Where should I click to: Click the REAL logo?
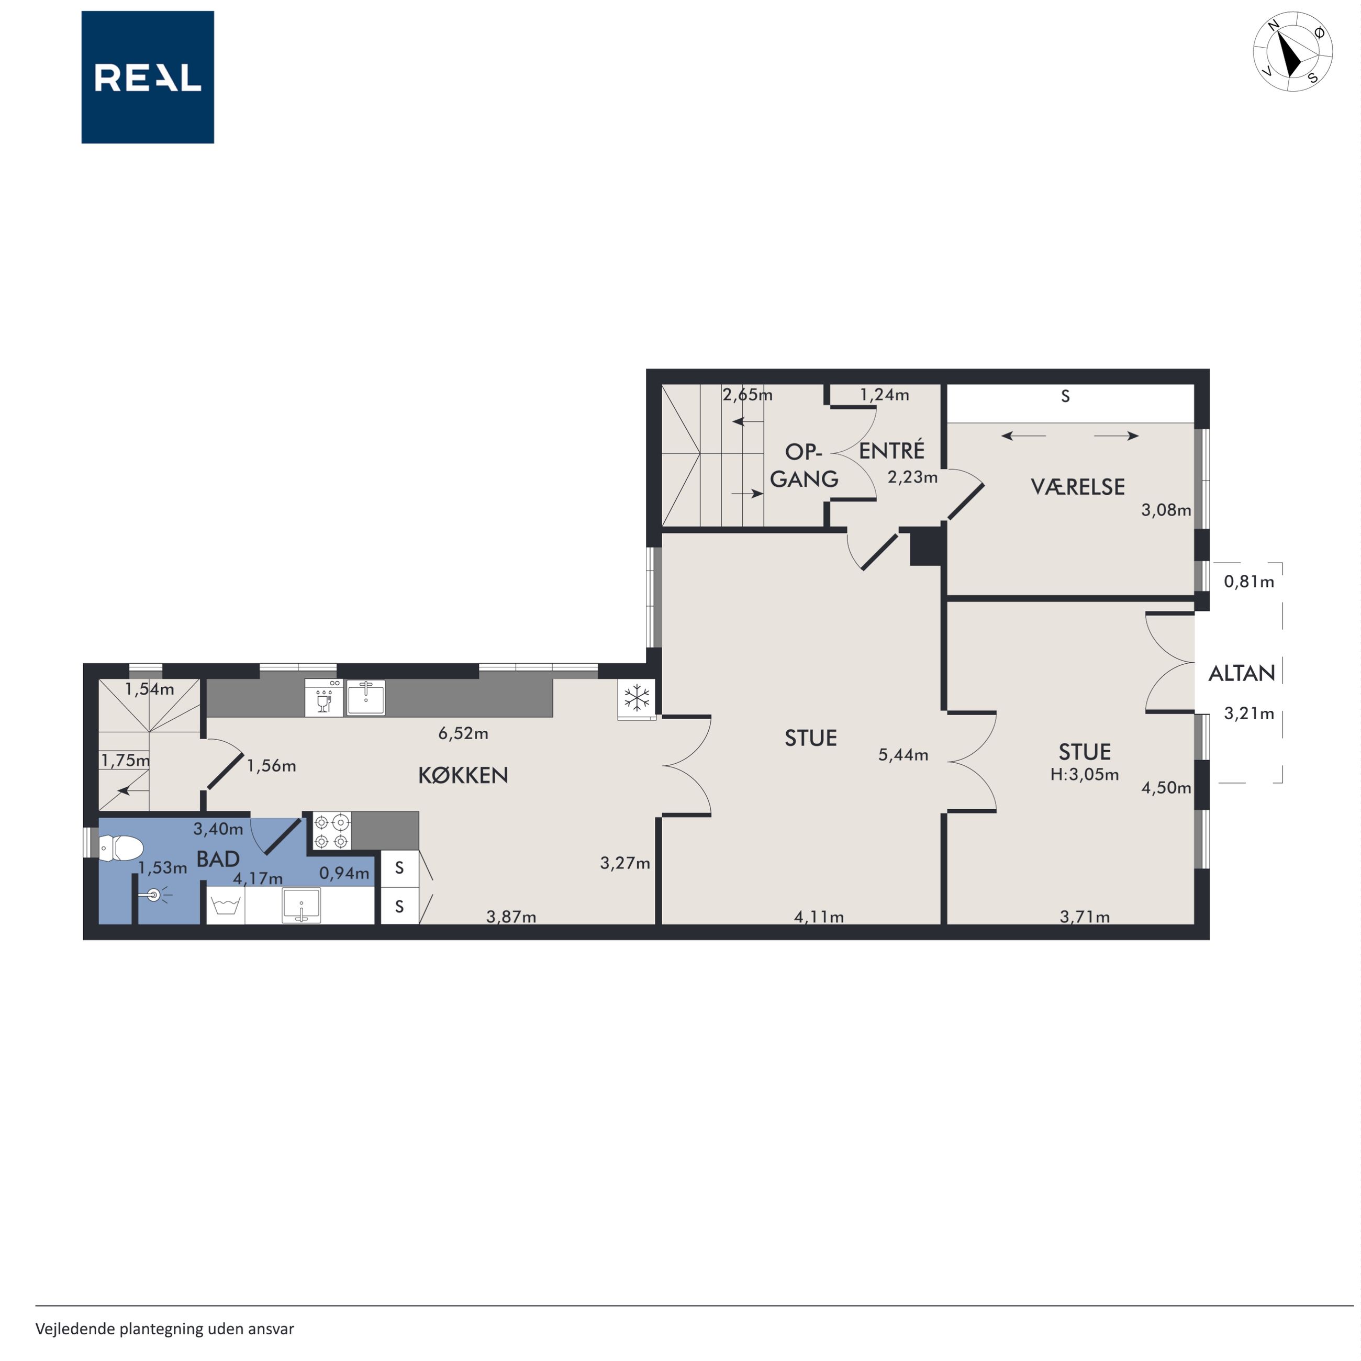coord(148,77)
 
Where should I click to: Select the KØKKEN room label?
coord(463,776)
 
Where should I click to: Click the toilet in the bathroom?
coord(120,848)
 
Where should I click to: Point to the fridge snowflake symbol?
coord(637,699)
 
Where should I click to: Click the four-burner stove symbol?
coord(332,831)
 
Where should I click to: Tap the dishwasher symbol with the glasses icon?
coord(324,697)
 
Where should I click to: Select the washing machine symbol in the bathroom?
coord(226,905)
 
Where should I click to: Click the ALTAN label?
coord(1242,674)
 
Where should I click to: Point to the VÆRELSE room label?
coord(1078,487)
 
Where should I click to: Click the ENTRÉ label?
coord(892,450)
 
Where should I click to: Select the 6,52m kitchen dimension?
coord(464,733)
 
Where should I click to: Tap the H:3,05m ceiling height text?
coord(1085,775)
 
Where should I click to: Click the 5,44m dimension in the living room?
coord(903,755)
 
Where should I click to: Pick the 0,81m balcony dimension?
coord(1249,582)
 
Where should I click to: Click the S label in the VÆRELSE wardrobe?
coord(1066,397)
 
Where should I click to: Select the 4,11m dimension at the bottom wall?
coord(819,917)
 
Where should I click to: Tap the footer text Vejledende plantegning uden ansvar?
coord(165,1329)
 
